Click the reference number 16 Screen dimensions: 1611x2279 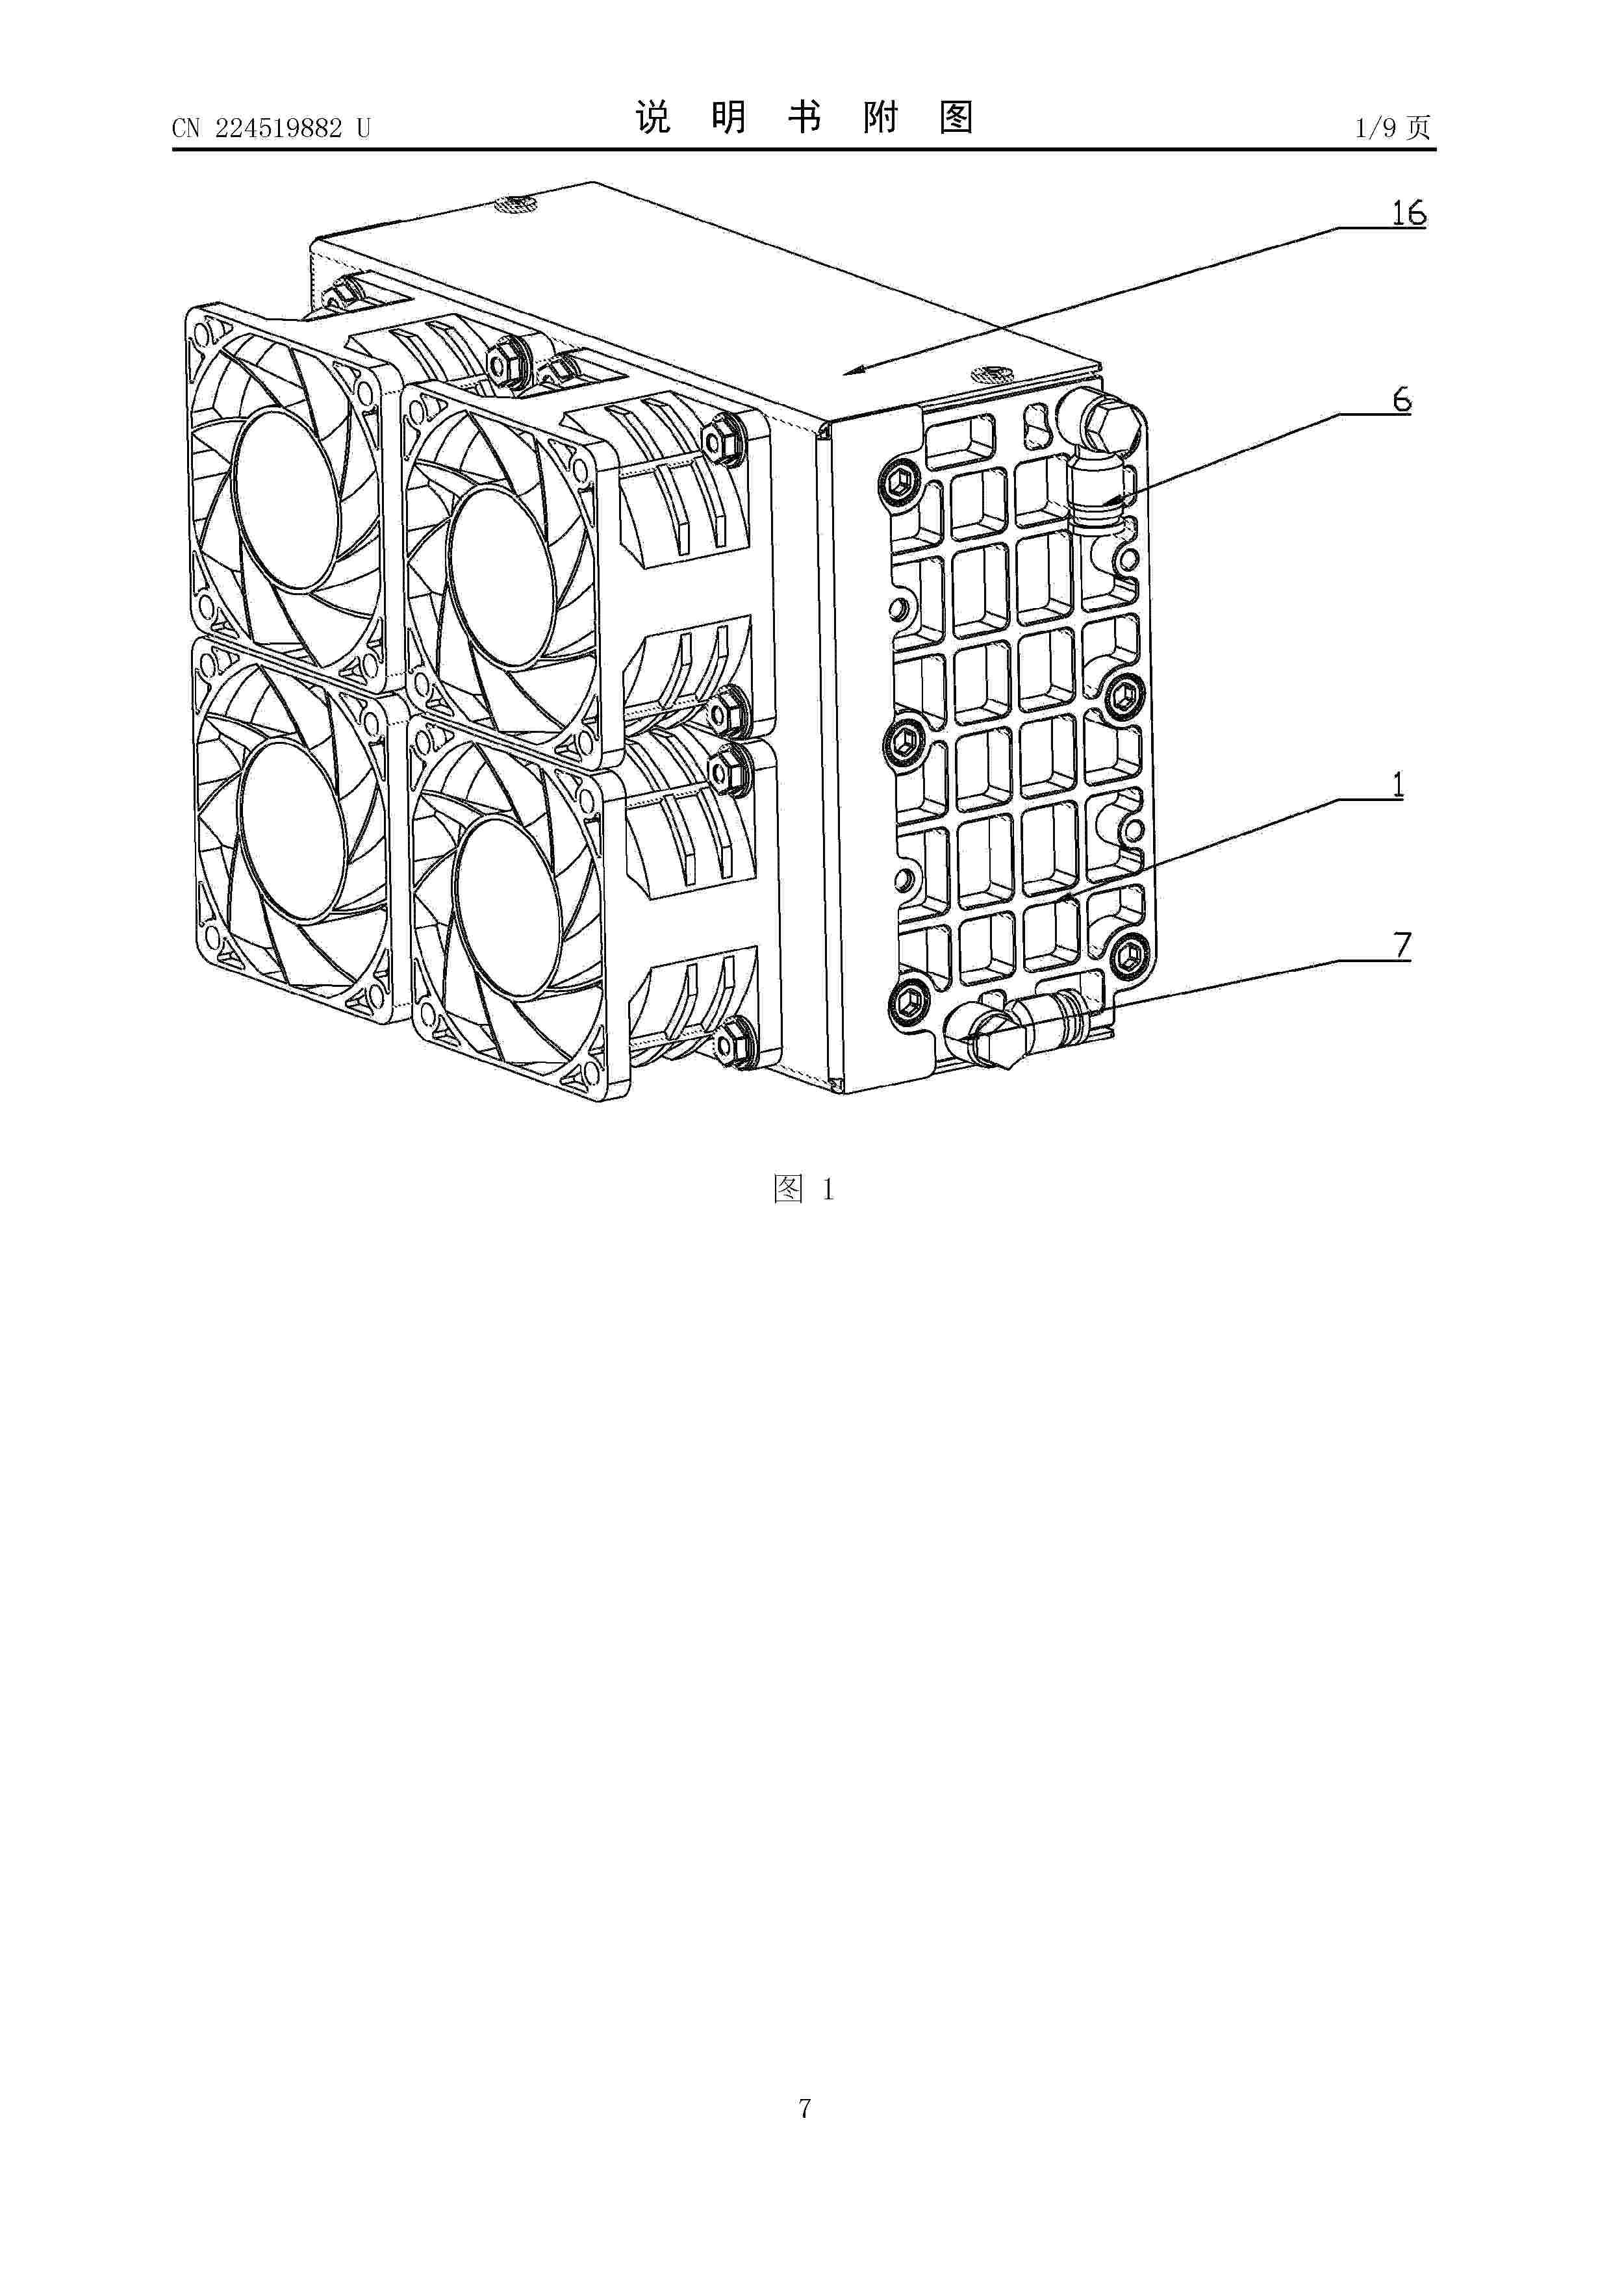point(1408,212)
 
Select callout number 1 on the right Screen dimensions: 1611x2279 point(1397,785)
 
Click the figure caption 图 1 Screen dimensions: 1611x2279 point(804,1189)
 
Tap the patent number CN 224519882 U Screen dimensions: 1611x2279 point(271,128)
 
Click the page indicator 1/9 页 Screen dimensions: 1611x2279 point(1393,128)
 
